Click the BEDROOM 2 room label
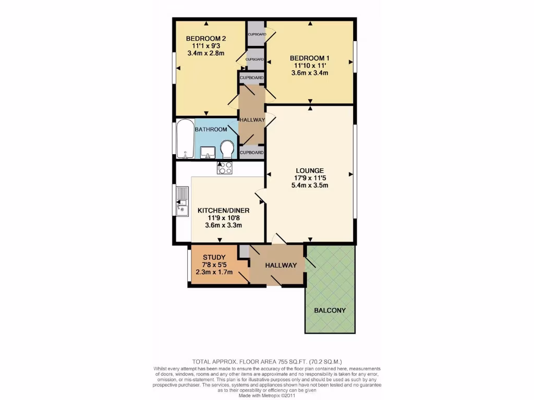[206, 38]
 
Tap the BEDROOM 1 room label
[310, 58]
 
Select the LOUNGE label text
[310, 170]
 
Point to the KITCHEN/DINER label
[223, 210]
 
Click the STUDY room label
[214, 257]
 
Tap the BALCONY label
[330, 310]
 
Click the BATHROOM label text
[211, 129]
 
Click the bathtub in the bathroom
[184, 140]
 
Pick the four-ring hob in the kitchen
[225, 167]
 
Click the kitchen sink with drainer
[181, 202]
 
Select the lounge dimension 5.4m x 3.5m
[310, 185]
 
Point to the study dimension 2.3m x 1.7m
[214, 272]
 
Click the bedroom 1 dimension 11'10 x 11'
[310, 66]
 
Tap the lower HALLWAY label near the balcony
[281, 265]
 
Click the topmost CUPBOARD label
[257, 34]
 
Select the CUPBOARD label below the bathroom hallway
[251, 153]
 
